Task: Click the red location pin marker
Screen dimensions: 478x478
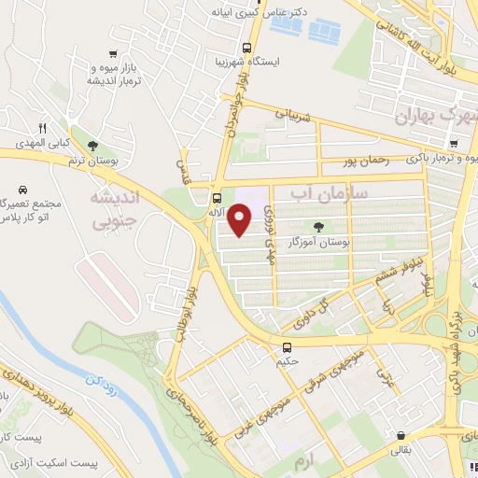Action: (240, 221)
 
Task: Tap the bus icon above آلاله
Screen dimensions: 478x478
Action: (217, 198)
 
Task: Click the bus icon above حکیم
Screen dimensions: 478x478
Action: (287, 347)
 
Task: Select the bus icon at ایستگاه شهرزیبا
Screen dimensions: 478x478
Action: (246, 48)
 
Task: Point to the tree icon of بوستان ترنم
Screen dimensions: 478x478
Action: (92, 145)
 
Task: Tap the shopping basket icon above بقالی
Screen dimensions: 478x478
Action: (401, 435)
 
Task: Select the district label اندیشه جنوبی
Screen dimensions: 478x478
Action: (113, 210)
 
